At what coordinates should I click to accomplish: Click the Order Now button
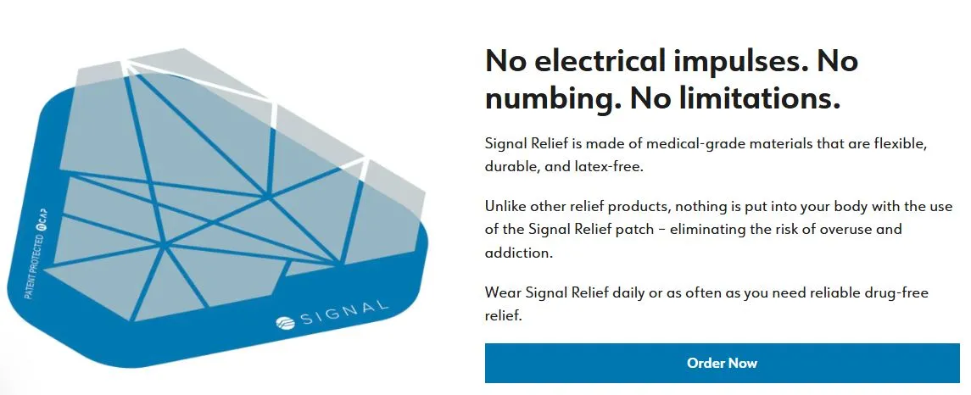pos(722,363)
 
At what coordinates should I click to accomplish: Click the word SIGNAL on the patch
pos(344,314)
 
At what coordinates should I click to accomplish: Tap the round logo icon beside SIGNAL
pos(286,324)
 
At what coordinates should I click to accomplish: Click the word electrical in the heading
pos(598,61)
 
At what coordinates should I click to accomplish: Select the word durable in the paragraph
pos(512,167)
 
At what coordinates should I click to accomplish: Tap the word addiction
pos(516,253)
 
